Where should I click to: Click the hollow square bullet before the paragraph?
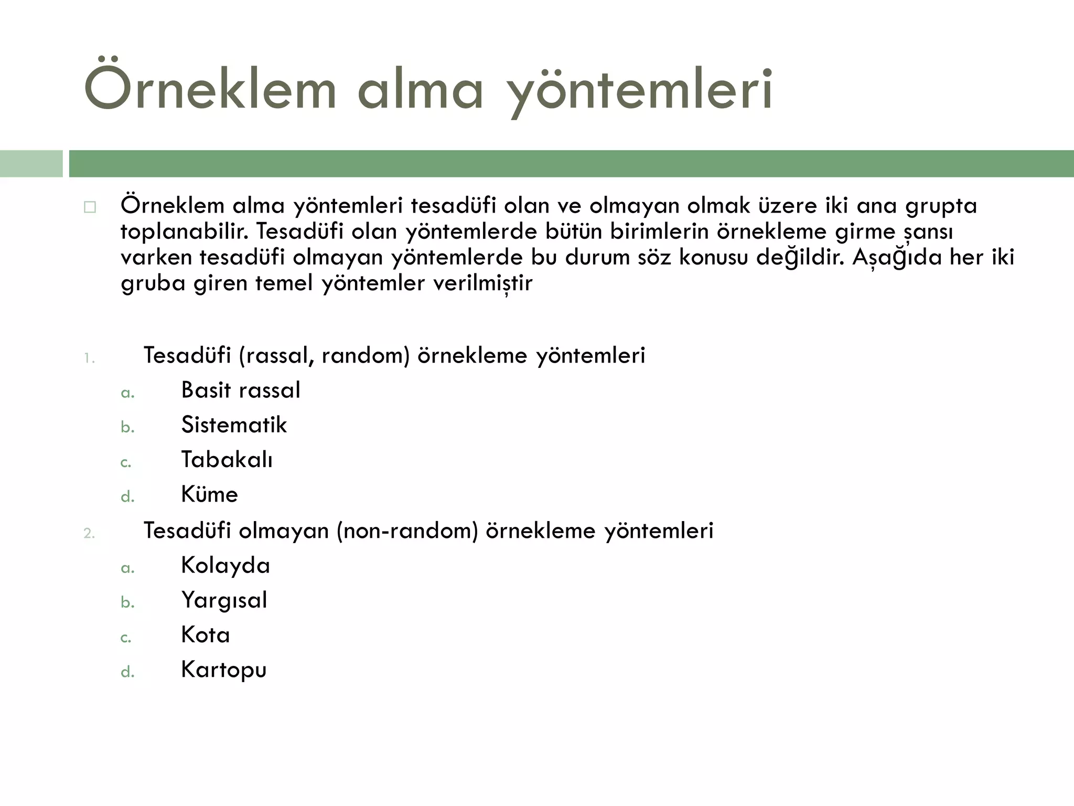click(x=90, y=207)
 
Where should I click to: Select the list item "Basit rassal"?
click(x=241, y=390)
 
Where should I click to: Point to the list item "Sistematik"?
click(x=234, y=425)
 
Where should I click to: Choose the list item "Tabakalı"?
click(x=227, y=460)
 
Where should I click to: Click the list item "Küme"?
click(x=209, y=494)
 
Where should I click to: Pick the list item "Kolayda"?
click(x=225, y=566)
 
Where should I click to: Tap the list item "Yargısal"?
click(x=224, y=600)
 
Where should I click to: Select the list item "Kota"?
click(x=206, y=635)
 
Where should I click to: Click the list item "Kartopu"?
click(x=224, y=670)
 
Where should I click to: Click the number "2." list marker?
click(x=89, y=534)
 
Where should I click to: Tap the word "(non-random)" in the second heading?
click(x=407, y=531)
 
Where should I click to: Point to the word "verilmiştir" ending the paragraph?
click(x=483, y=283)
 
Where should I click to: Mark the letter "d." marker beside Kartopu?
click(x=127, y=672)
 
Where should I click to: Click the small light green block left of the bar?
click(x=31, y=164)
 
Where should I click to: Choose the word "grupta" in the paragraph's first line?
click(x=941, y=206)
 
